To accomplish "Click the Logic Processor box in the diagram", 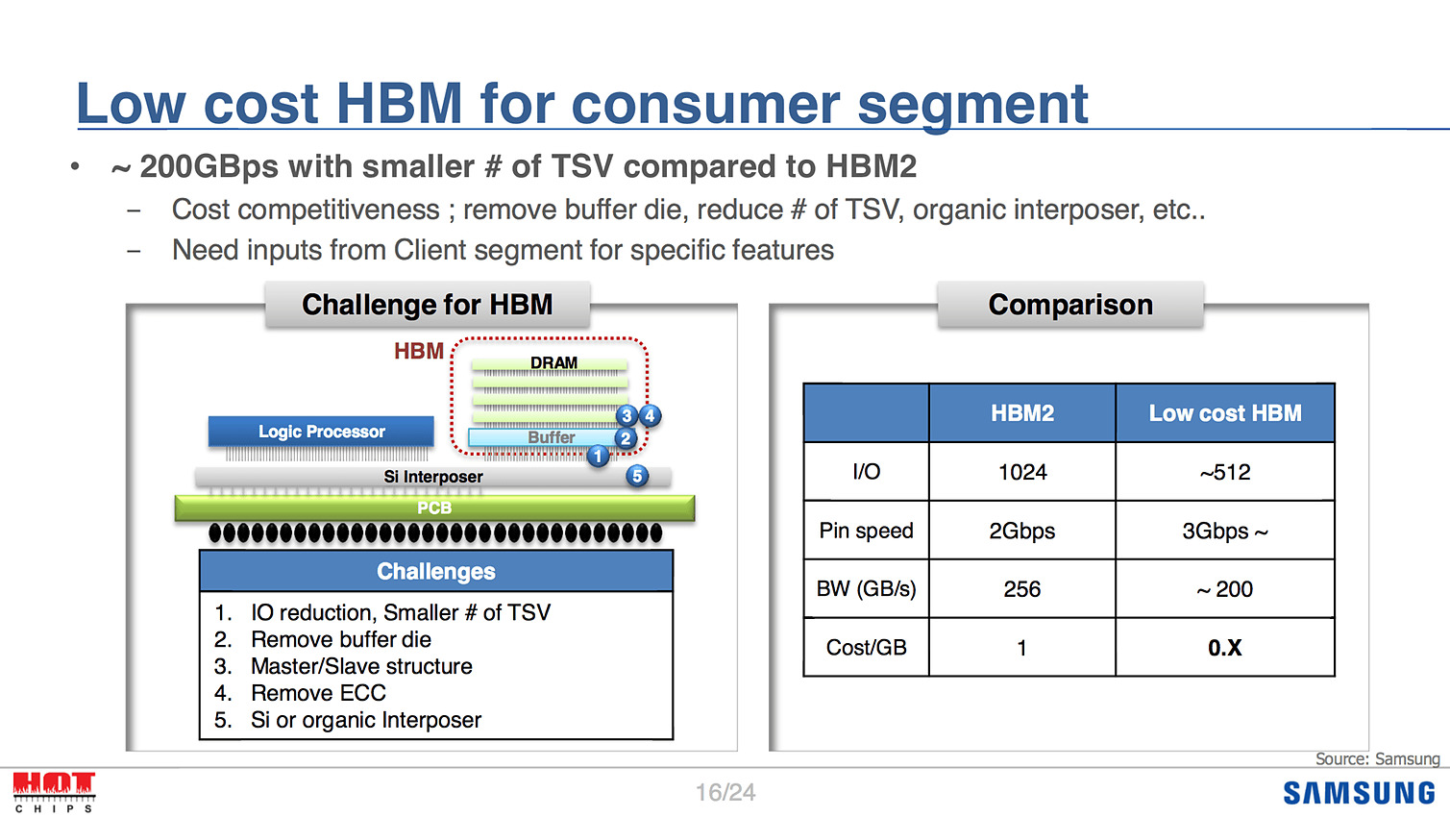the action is coord(321,432).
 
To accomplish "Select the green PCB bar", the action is coord(434,508).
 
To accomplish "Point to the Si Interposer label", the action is coord(433,477).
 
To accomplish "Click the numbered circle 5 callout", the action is coord(637,476).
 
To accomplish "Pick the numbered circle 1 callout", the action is coord(598,457).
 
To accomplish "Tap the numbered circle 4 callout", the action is coord(650,415).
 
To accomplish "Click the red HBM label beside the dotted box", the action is coord(419,351).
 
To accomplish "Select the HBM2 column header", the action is coord(1022,413).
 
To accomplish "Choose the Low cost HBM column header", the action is coord(1225,413).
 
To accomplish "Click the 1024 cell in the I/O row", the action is coord(1022,472).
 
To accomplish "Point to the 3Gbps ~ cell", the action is coord(1225,531).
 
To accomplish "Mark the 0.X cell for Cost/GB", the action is coord(1225,648).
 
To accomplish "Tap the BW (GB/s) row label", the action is coord(866,589).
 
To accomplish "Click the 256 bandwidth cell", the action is coord(1022,589).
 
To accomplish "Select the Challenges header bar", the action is coord(436,571).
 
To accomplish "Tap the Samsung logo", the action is coord(1360,794).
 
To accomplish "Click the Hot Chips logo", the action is coord(55,792).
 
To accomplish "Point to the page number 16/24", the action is coord(725,792).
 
